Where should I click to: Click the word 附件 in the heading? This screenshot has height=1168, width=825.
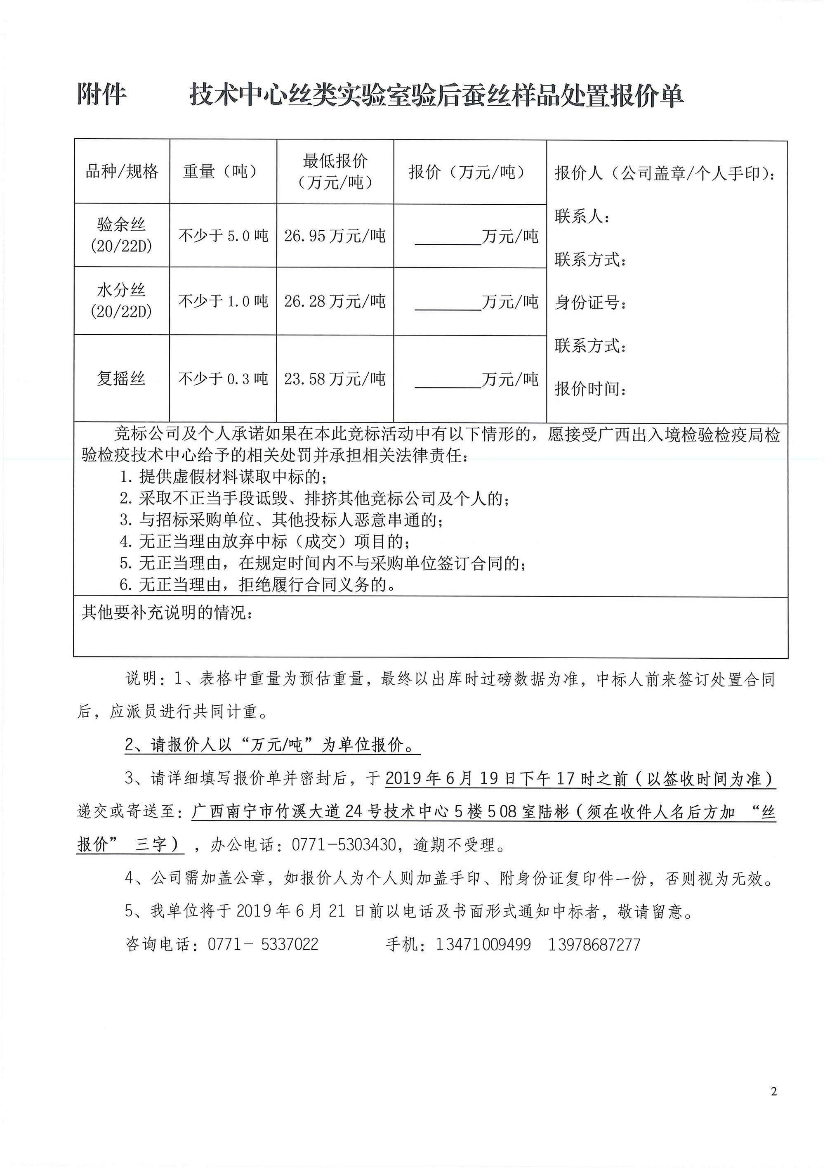tap(101, 95)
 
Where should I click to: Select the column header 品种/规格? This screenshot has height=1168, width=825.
tap(122, 171)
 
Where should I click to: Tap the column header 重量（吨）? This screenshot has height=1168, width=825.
tap(223, 171)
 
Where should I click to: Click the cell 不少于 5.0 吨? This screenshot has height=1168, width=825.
tap(223, 236)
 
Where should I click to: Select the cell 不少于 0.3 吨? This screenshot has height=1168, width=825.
tap(223, 378)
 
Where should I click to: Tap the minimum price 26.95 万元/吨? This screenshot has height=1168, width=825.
tap(335, 236)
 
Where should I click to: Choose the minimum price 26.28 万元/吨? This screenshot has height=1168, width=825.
tap(335, 301)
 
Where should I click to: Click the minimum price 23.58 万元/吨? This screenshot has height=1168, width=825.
tap(335, 378)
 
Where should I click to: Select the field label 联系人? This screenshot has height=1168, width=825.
tap(582, 217)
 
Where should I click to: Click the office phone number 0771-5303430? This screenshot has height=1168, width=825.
tap(343, 845)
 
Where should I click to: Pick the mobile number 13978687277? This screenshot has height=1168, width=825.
tap(594, 945)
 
